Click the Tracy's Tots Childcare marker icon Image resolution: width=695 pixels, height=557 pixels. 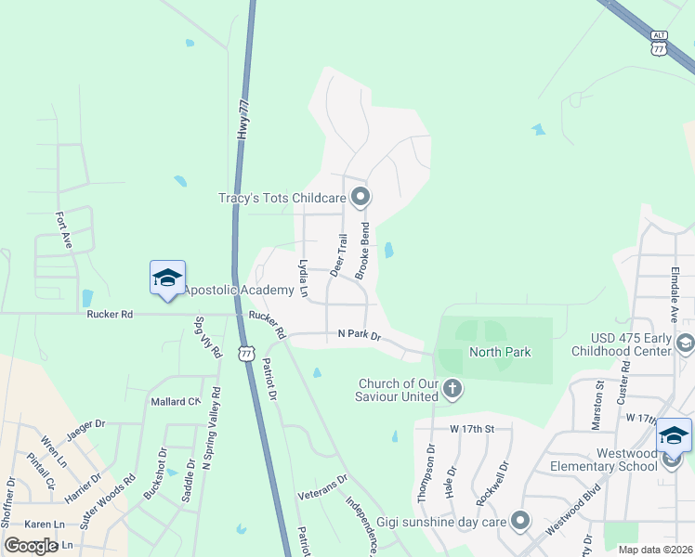click(x=361, y=197)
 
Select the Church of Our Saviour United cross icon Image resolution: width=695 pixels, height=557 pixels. click(x=452, y=389)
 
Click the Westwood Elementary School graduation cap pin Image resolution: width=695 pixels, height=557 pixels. click(x=674, y=437)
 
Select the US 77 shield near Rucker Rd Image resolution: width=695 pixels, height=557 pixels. click(x=246, y=354)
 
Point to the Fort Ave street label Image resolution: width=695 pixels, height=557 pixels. click(x=63, y=230)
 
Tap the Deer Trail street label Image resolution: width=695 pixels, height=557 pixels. click(x=341, y=255)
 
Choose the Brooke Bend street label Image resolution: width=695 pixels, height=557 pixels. click(x=363, y=251)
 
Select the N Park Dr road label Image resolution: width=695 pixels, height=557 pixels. click(x=360, y=334)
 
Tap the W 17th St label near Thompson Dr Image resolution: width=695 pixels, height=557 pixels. click(x=469, y=429)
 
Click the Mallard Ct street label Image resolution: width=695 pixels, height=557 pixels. click(x=176, y=402)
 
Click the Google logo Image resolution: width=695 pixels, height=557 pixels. click(x=32, y=546)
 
